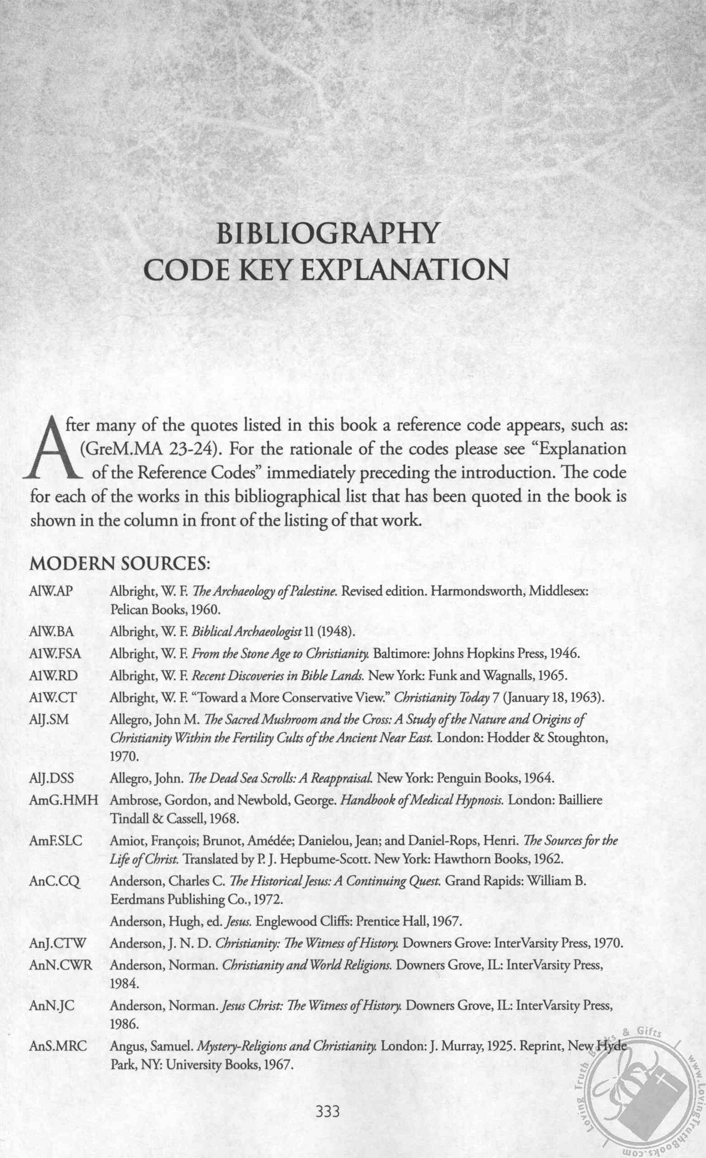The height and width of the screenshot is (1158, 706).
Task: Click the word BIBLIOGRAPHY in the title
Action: (327, 234)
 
